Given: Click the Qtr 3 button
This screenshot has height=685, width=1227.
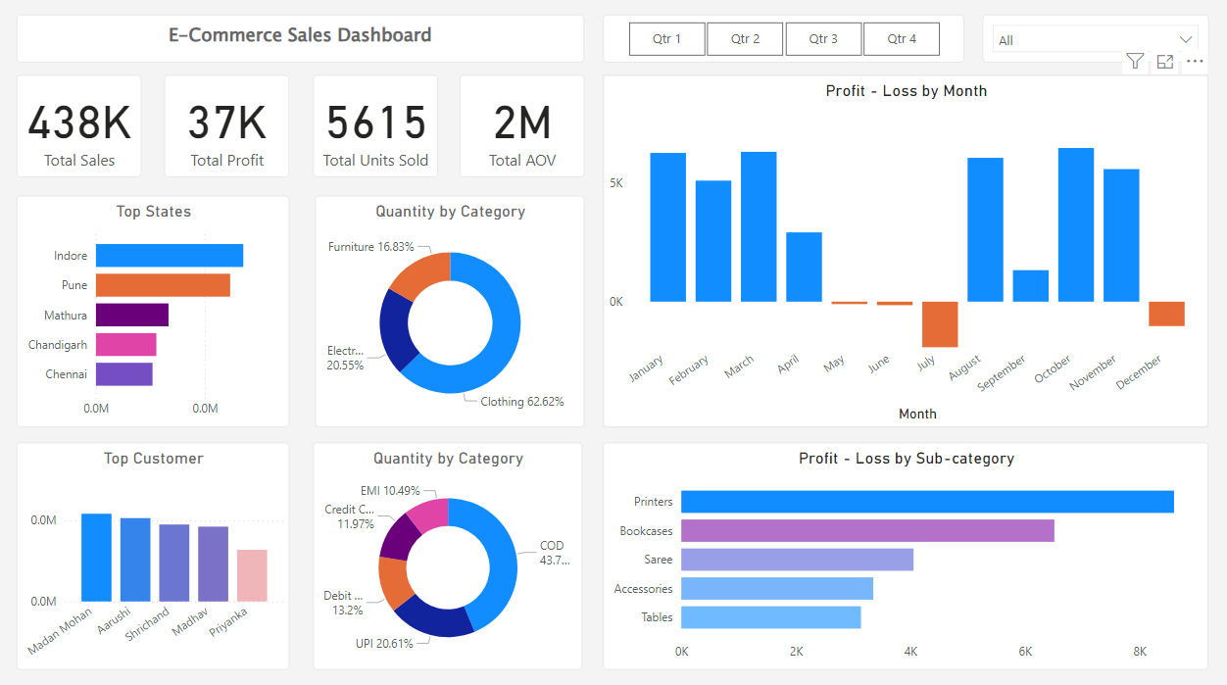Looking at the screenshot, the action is pyautogui.click(x=823, y=39).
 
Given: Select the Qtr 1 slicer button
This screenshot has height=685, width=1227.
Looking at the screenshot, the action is pyautogui.click(x=666, y=39).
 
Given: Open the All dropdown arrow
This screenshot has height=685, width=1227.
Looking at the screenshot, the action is pyautogui.click(x=1186, y=39).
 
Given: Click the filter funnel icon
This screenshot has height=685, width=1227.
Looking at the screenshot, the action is pyautogui.click(x=1135, y=61).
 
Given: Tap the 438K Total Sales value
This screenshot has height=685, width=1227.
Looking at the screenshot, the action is pyautogui.click(x=79, y=122).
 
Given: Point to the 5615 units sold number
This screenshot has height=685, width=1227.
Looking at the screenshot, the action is pyautogui.click(x=375, y=122).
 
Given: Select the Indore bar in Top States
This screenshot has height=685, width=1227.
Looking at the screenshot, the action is pyautogui.click(x=170, y=255).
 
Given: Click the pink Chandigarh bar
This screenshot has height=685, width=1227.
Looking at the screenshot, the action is pyautogui.click(x=126, y=344).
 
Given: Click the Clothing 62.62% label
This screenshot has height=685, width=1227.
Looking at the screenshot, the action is pyautogui.click(x=522, y=402).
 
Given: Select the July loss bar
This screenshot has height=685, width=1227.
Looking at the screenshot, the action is pyautogui.click(x=940, y=324).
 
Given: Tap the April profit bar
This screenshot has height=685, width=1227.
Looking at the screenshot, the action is pyautogui.click(x=805, y=268).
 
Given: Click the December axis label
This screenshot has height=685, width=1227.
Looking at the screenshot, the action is pyautogui.click(x=1138, y=371).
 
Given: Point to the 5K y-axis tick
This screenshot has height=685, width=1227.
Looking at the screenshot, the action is pyautogui.click(x=616, y=183).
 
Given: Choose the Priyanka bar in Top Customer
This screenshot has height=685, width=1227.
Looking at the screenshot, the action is pyautogui.click(x=252, y=575).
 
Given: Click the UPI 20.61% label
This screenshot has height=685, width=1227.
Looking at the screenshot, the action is pyautogui.click(x=384, y=644).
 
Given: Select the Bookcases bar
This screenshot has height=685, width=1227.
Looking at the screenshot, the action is pyautogui.click(x=867, y=530).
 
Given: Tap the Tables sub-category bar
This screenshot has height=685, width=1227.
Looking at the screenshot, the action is pyautogui.click(x=771, y=617).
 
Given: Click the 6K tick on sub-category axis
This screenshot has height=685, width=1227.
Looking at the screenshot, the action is pyautogui.click(x=1025, y=652).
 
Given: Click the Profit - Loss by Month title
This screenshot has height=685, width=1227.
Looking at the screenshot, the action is pyautogui.click(x=906, y=91).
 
